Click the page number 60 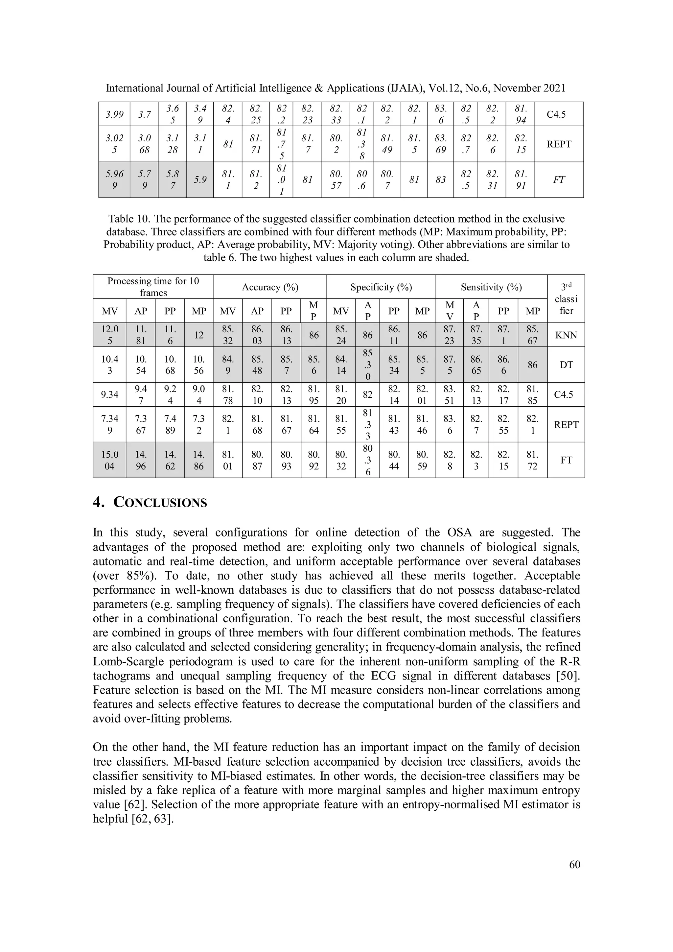pyautogui.click(x=574, y=864)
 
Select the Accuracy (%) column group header pyautogui.click(x=270, y=287)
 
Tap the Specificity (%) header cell pyautogui.click(x=381, y=287)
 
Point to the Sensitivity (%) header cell pyautogui.click(x=491, y=287)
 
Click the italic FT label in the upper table pyautogui.click(x=559, y=180)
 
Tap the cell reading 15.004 pyautogui.click(x=109, y=460)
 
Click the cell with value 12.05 pyautogui.click(x=109, y=335)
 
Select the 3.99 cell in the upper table pyautogui.click(x=114, y=114)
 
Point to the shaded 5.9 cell pyautogui.click(x=199, y=180)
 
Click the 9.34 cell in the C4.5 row pyautogui.click(x=109, y=394)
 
